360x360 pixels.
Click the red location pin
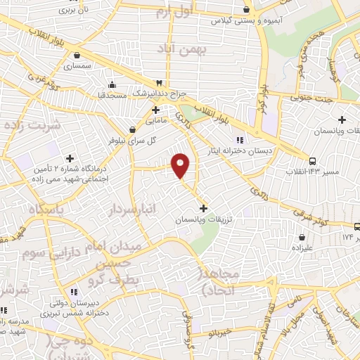point(181,165)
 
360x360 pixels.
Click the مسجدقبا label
point(110,94)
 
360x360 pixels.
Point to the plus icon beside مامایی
point(155,110)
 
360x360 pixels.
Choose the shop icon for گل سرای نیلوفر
point(132,129)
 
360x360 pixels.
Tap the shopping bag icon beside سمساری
point(76,56)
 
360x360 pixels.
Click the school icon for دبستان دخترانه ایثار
point(240,139)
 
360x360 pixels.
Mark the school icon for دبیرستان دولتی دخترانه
point(73,292)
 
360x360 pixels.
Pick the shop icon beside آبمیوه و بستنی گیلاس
point(246,10)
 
